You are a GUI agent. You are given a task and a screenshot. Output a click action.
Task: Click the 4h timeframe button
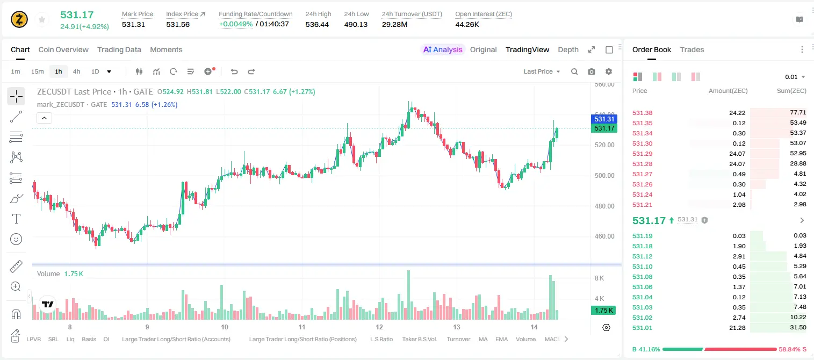pos(76,71)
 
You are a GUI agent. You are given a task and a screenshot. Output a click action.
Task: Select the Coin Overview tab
pos(63,50)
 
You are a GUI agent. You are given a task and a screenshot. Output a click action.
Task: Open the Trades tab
pos(692,50)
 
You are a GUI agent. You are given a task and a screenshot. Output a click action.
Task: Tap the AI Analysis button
pos(443,50)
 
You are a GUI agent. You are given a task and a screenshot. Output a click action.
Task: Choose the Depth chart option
pos(568,50)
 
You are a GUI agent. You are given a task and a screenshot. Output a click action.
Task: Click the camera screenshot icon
pos(592,71)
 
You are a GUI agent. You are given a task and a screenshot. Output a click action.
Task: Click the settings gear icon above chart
pos(609,71)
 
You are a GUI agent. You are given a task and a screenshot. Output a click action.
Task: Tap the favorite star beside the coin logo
pos(42,20)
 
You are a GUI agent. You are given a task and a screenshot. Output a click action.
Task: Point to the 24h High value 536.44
pos(317,25)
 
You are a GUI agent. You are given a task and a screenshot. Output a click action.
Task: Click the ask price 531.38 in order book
pos(642,113)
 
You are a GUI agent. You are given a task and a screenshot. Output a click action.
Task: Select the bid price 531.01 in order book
pos(642,328)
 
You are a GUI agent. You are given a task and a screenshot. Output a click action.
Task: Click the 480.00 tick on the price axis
pos(604,206)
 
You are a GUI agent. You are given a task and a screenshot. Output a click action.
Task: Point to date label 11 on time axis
pos(301,327)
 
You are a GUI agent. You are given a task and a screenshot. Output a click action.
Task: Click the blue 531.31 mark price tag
pos(604,119)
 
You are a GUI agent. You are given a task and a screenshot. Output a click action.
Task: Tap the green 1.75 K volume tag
pos(603,310)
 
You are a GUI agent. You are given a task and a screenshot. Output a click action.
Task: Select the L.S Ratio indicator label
pos(381,339)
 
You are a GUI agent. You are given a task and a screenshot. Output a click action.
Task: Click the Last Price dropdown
pos(542,71)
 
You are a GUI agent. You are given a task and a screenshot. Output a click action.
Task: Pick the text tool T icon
pos(16,219)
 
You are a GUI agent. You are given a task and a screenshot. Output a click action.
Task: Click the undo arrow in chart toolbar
pos(234,71)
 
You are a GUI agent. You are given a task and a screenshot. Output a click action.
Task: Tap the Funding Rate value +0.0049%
pos(235,24)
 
